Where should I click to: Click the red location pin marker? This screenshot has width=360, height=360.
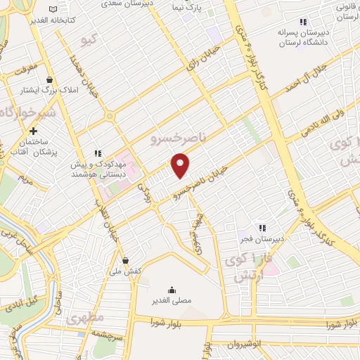(181, 166)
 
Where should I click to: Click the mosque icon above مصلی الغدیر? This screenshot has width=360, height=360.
(172, 290)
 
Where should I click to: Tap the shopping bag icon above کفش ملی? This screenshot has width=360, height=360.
(125, 259)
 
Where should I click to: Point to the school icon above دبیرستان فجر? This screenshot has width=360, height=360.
(262, 228)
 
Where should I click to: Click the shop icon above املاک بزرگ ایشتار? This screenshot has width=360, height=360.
(49, 80)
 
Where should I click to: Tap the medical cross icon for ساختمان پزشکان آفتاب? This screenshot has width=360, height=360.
(33, 131)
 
